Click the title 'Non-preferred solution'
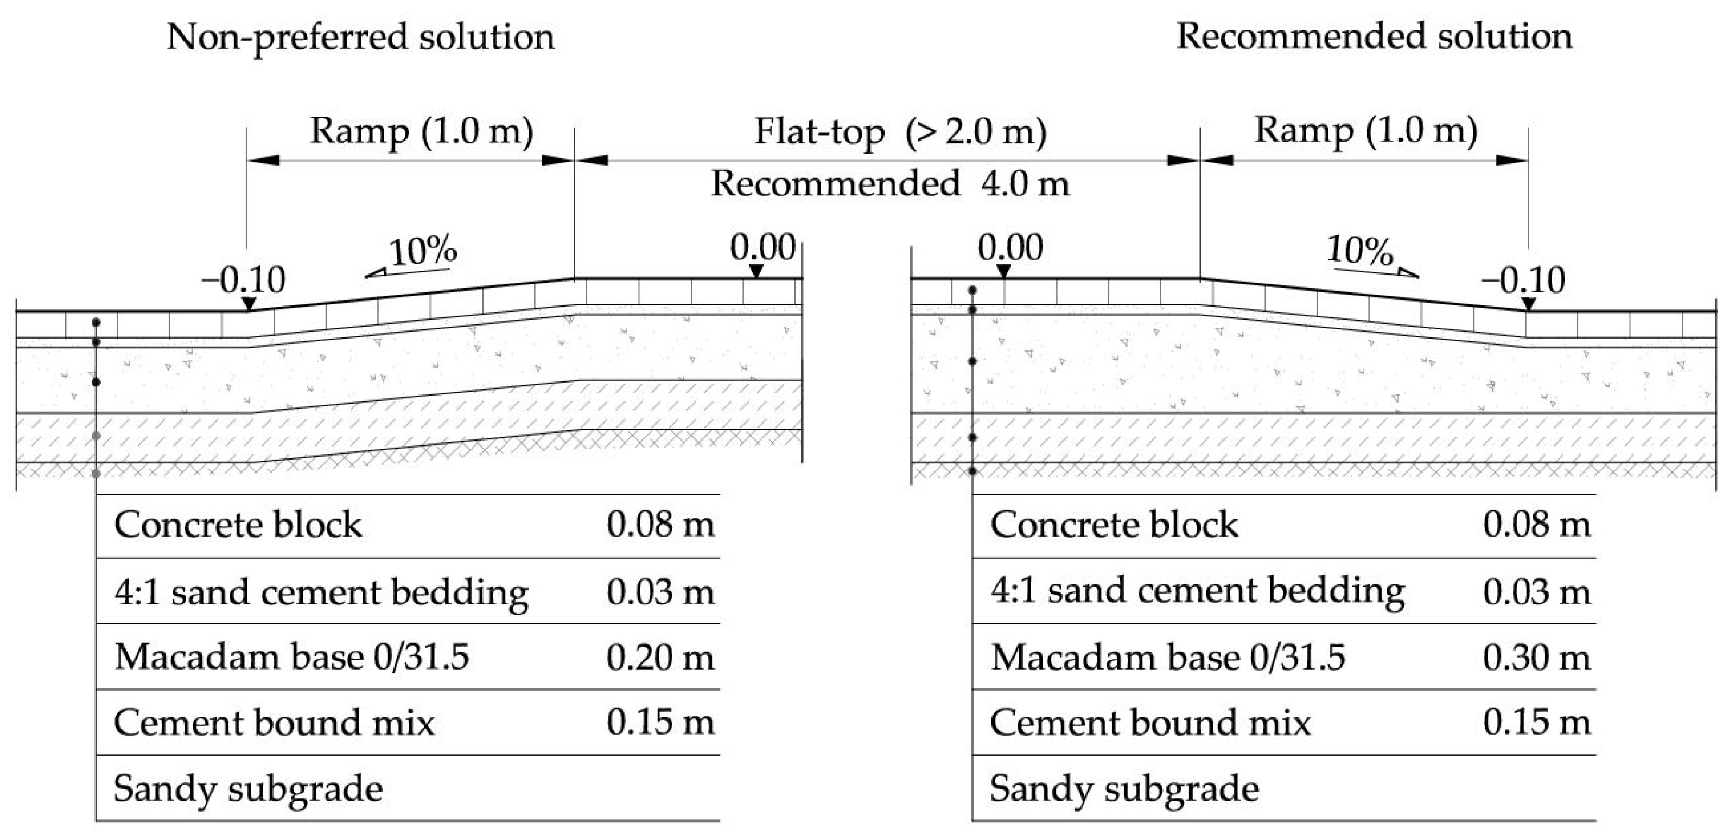(x=360, y=37)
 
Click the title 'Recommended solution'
(x=1374, y=37)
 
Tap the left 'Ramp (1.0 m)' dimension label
(x=422, y=131)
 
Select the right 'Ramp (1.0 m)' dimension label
(x=1366, y=131)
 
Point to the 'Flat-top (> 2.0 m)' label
(x=900, y=132)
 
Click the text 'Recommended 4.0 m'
(x=890, y=184)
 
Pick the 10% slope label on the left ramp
(x=423, y=252)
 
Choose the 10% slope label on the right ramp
(x=1360, y=252)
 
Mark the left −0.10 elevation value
(x=244, y=280)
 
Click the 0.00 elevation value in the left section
(x=762, y=248)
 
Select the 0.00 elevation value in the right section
(x=1010, y=248)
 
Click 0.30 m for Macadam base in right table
(x=1537, y=658)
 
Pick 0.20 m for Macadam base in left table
(x=660, y=658)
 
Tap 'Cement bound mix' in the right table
(x=1150, y=723)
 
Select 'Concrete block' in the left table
(x=238, y=525)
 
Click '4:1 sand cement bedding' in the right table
(x=1197, y=591)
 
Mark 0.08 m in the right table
(x=1537, y=525)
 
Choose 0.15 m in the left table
(x=660, y=723)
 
